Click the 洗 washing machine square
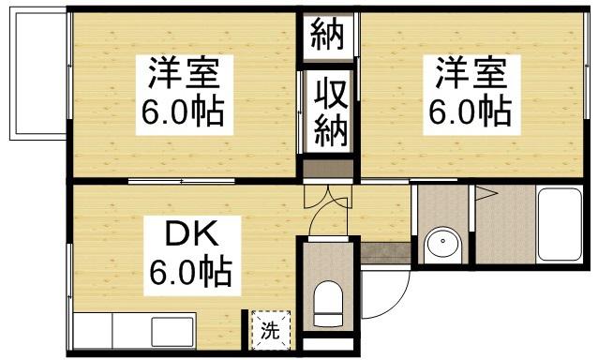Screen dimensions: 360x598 click(x=270, y=329)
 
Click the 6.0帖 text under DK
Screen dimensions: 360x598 click(x=189, y=274)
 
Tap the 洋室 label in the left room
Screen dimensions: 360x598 click(x=183, y=73)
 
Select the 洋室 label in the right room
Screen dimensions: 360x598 click(x=469, y=73)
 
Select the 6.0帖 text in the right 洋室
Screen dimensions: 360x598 click(x=469, y=112)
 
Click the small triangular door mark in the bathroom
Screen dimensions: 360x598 click(x=486, y=195)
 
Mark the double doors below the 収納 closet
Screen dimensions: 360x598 click(x=329, y=172)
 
